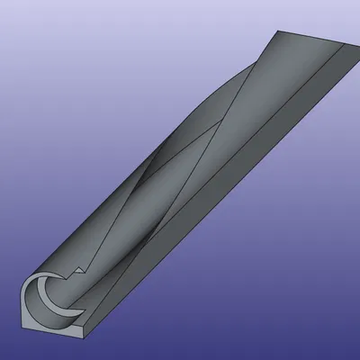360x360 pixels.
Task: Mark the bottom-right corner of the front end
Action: (84, 340)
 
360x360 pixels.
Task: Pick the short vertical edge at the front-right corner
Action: (84, 333)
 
